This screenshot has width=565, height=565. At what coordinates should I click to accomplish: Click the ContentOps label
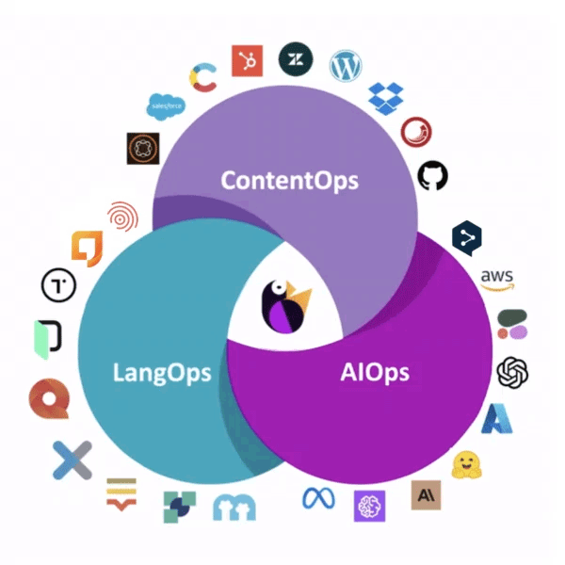[x=289, y=180]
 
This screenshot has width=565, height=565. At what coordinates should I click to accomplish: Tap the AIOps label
[x=374, y=371]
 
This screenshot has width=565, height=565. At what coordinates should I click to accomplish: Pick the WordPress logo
[x=346, y=66]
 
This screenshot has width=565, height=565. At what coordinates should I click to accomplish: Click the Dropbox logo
[x=385, y=96]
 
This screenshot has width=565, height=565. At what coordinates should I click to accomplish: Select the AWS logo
[x=497, y=279]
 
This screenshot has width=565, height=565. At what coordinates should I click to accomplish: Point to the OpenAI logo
[x=512, y=370]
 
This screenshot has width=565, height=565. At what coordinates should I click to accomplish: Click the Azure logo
[x=496, y=418]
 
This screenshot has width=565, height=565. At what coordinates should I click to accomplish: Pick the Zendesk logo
[x=295, y=58]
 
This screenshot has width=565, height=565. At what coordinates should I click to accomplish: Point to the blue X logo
[x=72, y=460]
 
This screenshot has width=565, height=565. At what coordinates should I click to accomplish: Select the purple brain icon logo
[x=370, y=506]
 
